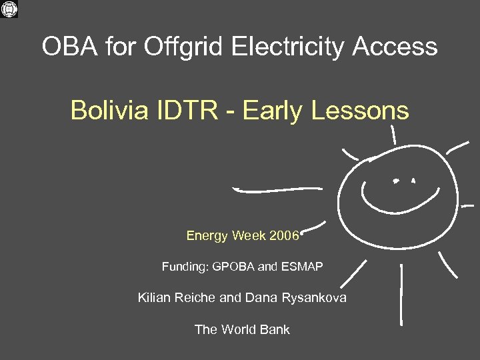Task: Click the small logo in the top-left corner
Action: click(10, 10)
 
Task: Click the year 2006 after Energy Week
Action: click(284, 235)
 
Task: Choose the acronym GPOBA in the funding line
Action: click(233, 267)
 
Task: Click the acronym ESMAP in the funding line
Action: click(301, 267)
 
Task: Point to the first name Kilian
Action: click(154, 297)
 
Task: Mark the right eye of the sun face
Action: click(413, 180)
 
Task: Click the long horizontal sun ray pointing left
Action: click(277, 190)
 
